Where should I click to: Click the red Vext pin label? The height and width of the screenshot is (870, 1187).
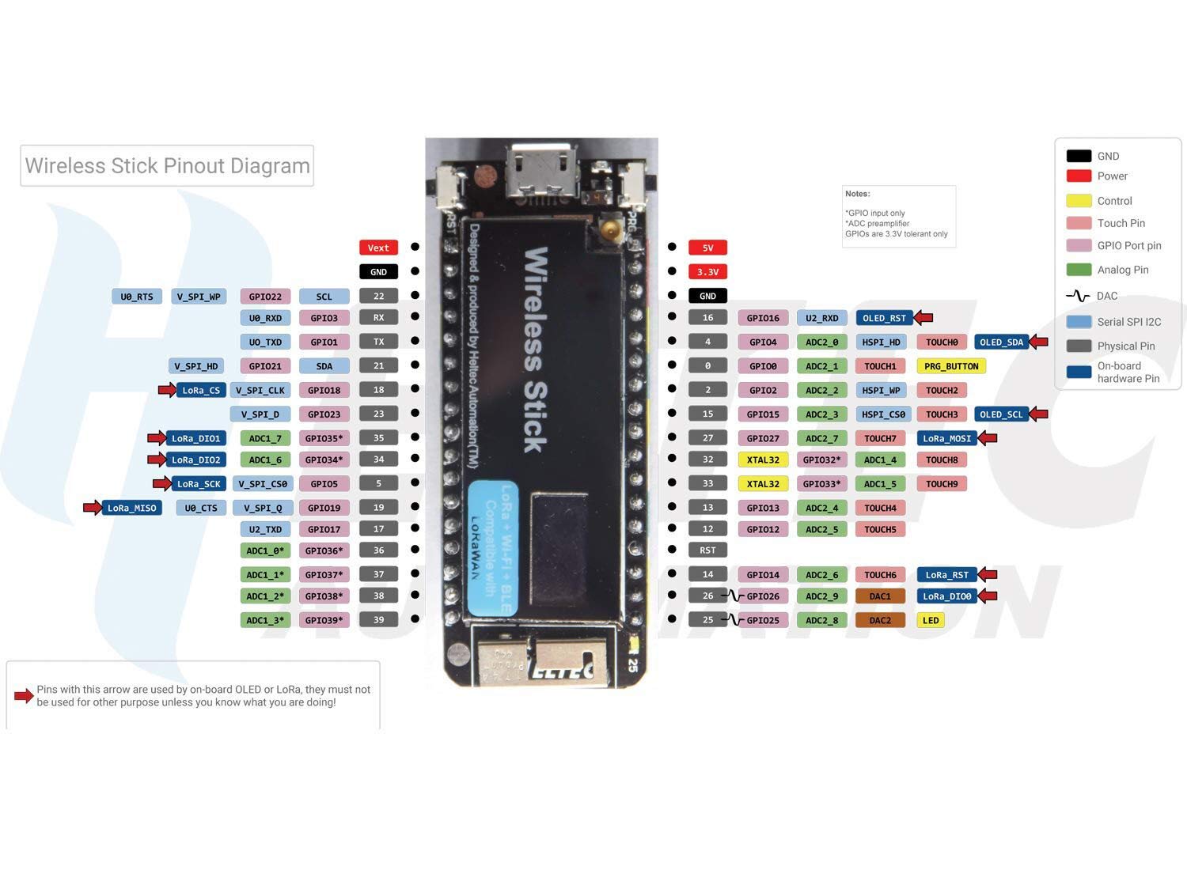tap(378, 248)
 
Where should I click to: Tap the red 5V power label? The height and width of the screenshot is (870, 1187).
tap(707, 248)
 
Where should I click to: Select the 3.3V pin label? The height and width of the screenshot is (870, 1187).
tap(707, 271)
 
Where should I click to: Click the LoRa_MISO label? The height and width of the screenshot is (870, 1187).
tap(132, 508)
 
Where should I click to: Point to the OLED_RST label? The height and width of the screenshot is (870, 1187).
tap(884, 318)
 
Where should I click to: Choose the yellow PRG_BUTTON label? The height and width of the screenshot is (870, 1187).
tap(951, 366)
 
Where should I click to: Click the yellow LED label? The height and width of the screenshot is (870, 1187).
tap(931, 620)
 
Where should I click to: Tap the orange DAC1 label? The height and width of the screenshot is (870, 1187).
tap(880, 596)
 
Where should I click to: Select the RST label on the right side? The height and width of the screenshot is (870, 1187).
tap(707, 550)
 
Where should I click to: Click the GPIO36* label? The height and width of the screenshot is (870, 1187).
tap(324, 550)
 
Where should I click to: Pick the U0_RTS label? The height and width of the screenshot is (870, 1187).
tap(137, 297)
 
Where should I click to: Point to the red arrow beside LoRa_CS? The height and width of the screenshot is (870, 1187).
tap(167, 389)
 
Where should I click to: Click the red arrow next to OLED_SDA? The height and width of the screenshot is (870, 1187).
tap(1039, 342)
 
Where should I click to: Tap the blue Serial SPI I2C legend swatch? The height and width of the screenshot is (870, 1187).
tap(1079, 322)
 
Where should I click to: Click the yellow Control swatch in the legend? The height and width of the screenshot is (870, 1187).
tap(1079, 201)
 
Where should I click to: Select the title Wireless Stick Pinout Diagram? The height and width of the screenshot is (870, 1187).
tap(167, 165)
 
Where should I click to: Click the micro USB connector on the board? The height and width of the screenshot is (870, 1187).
tap(543, 167)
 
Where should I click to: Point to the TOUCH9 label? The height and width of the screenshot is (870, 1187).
tap(942, 484)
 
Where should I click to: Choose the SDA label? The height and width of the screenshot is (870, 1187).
tap(324, 366)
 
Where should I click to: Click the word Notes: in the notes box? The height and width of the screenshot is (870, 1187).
tap(857, 194)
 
